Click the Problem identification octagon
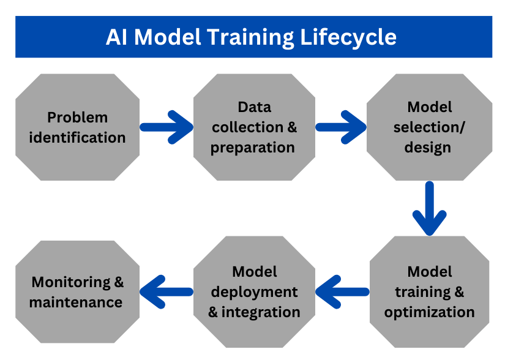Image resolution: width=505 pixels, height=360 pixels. coord(77,127)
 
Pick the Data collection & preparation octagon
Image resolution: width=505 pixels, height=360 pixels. coord(254,127)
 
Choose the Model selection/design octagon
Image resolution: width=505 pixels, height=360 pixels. coord(429,127)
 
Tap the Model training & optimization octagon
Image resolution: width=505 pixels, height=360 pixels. coord(429,292)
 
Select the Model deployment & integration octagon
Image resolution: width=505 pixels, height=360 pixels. coord(254,292)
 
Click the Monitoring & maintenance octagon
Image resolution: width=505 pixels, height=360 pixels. coord(77,292)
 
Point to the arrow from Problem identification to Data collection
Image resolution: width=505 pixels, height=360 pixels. coord(166,127)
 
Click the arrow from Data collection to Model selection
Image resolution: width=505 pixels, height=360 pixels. coord(341,127)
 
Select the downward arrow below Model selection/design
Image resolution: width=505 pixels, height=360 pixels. coord(429,208)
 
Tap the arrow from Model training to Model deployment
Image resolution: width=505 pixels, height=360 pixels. coord(342,292)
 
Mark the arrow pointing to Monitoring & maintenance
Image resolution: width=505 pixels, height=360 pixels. coord(166,292)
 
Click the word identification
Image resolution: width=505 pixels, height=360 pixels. coord(77,138)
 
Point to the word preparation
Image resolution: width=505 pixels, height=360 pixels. coord(253,148)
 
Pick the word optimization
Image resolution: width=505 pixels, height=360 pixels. coord(429,312)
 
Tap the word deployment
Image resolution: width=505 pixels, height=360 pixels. coord(254,293)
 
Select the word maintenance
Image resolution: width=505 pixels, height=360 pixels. coord(76,302)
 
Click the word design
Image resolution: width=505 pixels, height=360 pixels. coord(428,148)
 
